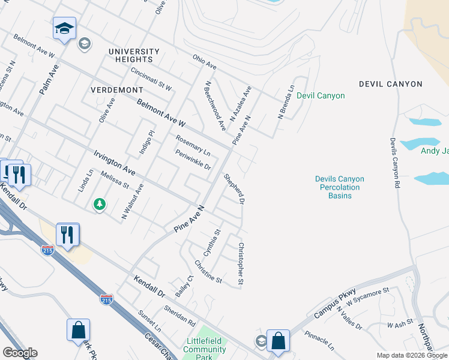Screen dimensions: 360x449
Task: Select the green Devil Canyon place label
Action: click(321, 95)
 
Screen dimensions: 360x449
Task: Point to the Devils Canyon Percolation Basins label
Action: click(340, 187)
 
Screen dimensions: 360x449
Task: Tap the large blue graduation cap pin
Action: click(64, 29)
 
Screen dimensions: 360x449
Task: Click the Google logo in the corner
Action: click(20, 353)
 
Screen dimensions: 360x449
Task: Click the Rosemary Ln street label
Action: click(193, 145)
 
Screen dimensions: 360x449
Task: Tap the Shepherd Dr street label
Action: click(234, 188)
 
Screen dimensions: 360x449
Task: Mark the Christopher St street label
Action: click(241, 263)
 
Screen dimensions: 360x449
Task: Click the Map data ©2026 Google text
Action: click(411, 355)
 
